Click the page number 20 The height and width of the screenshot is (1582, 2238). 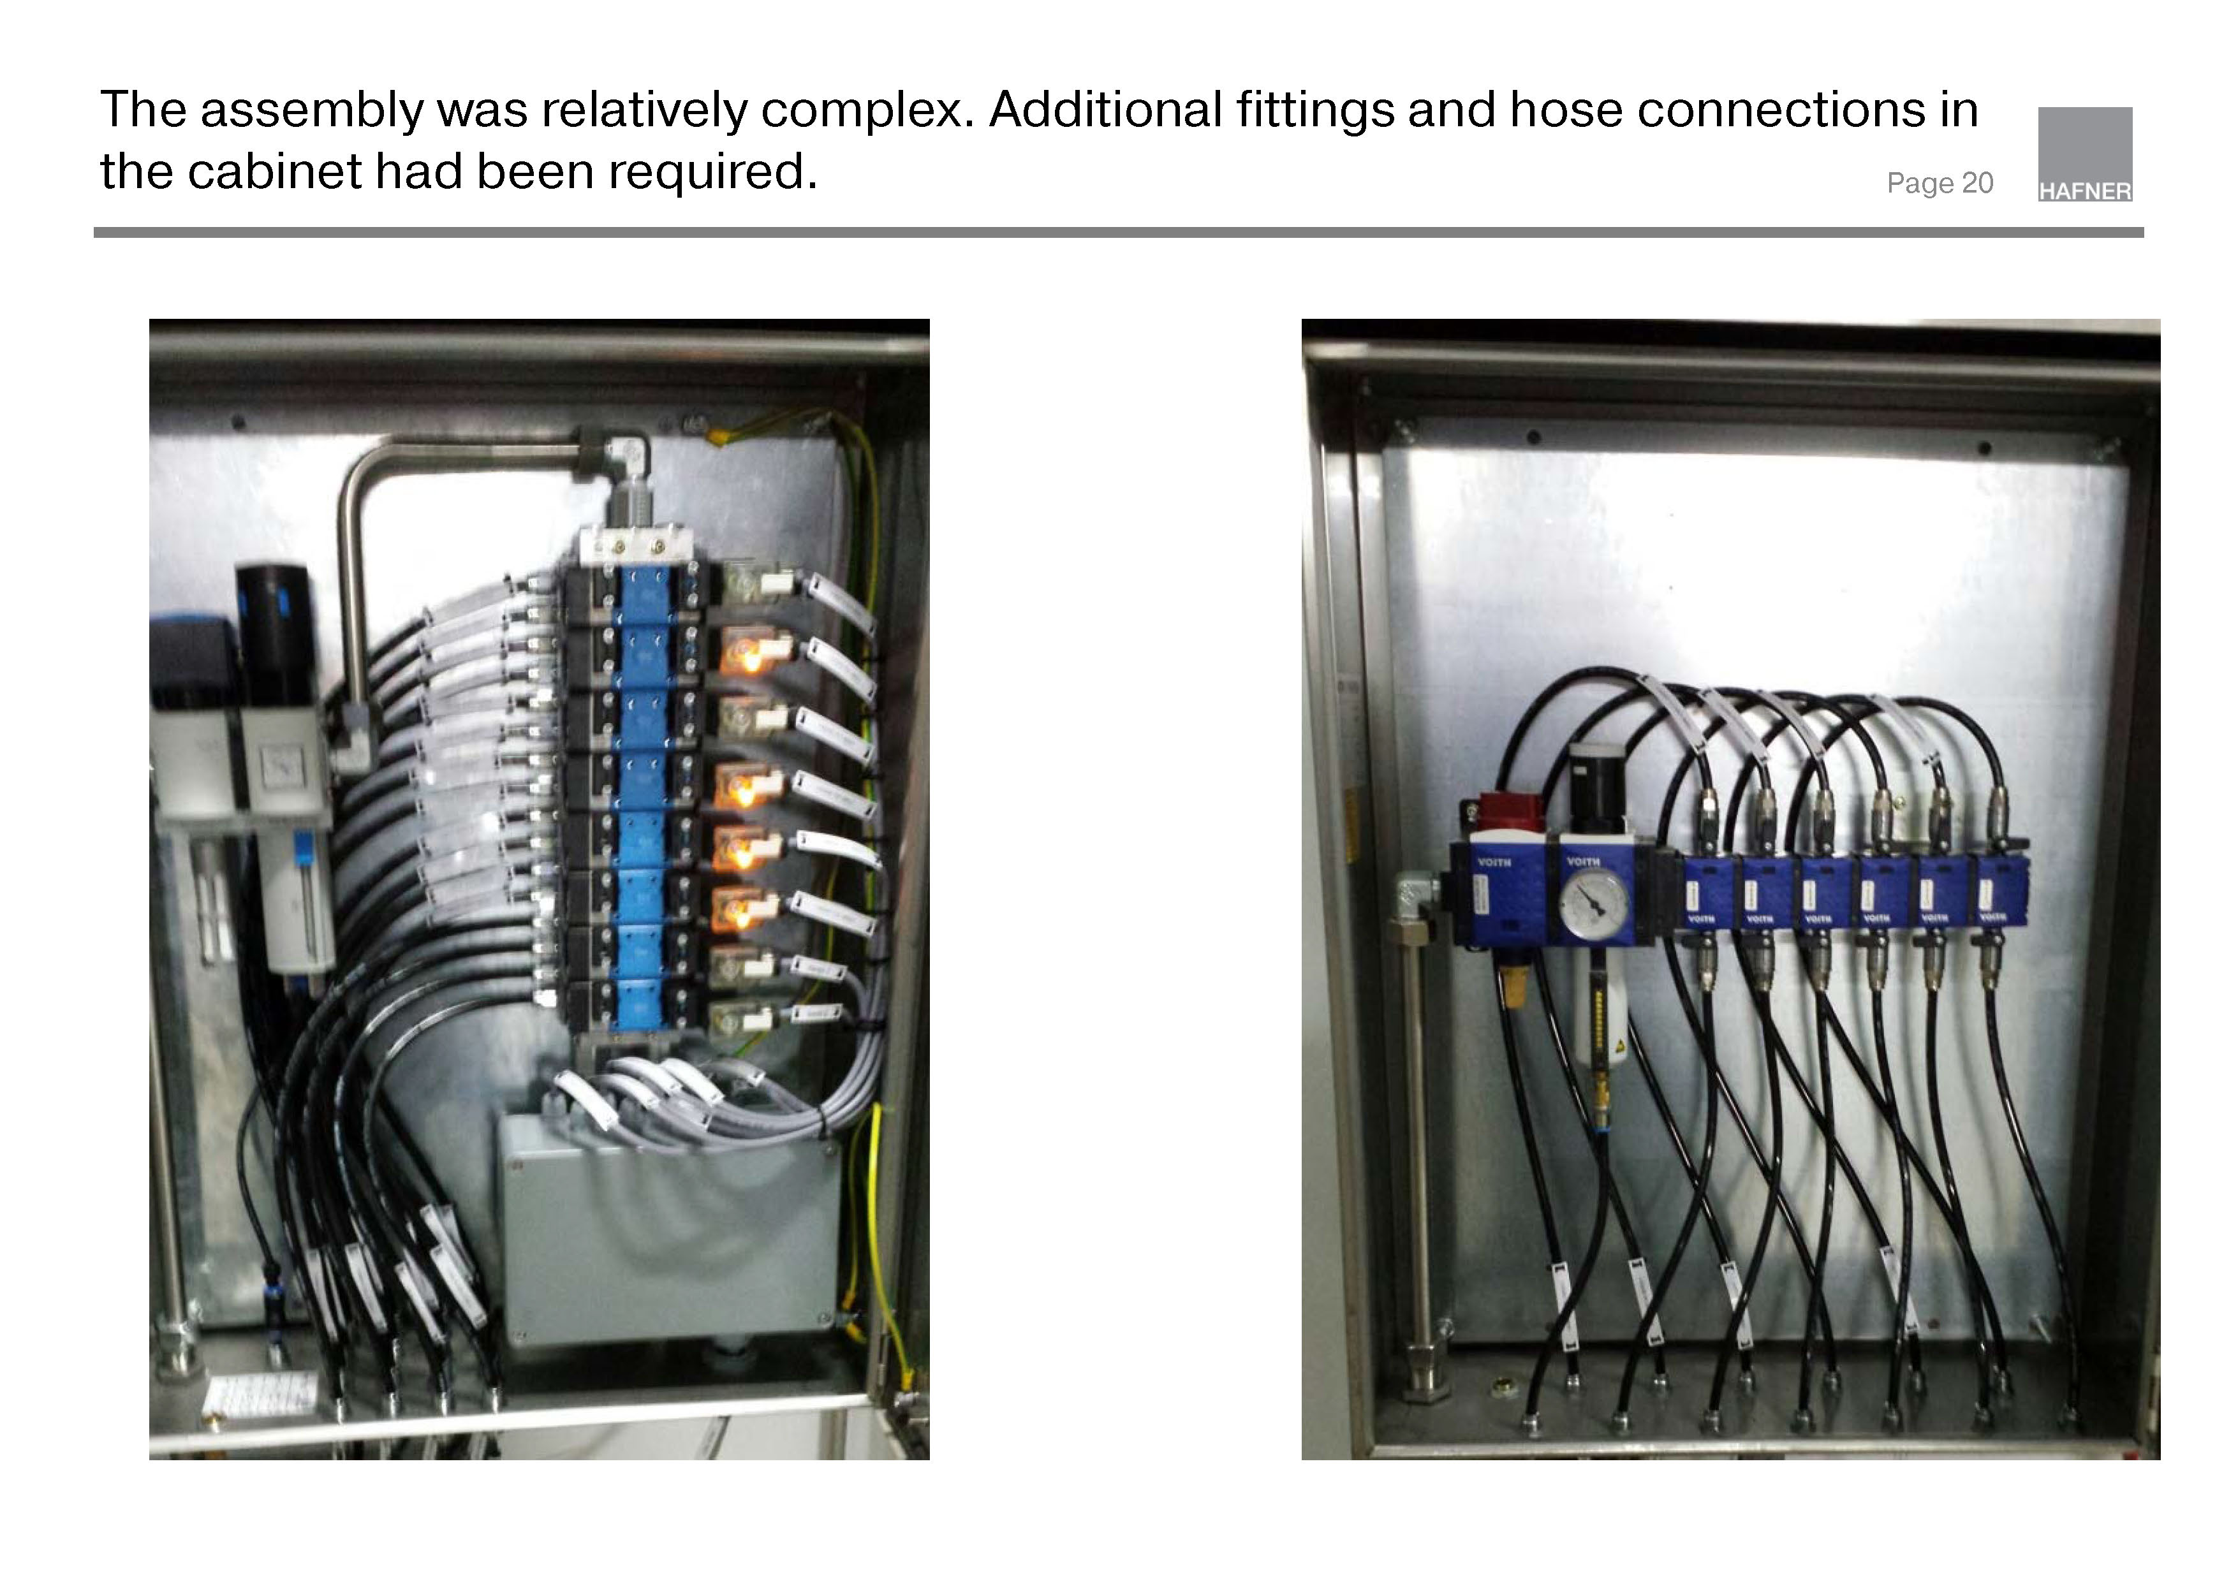1977,183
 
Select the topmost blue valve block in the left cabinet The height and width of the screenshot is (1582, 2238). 645,594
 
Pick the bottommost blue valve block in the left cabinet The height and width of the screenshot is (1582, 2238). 644,1004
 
